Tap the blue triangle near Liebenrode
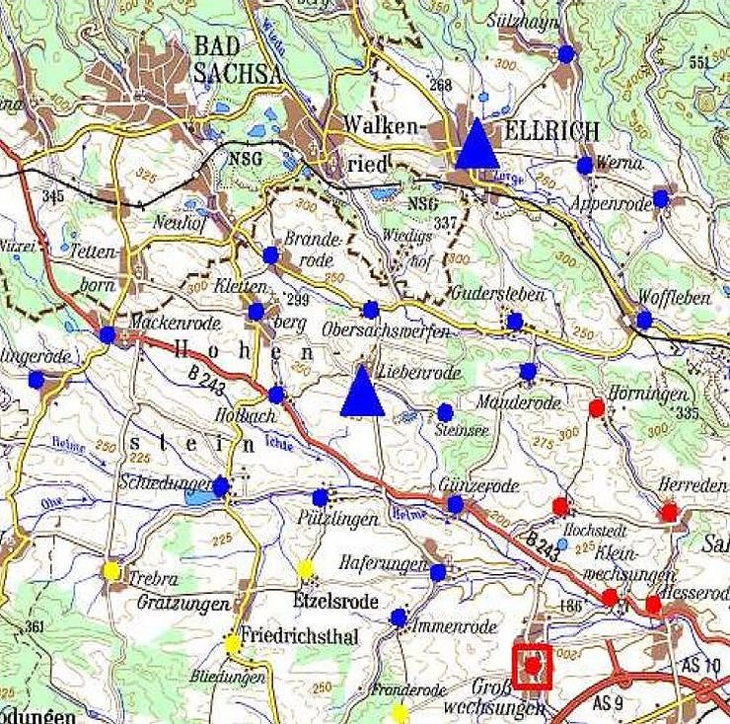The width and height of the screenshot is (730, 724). [362, 394]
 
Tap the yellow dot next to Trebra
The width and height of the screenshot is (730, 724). [111, 570]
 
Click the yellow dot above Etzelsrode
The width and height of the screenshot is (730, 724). [306, 568]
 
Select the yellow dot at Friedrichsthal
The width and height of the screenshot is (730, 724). [232, 643]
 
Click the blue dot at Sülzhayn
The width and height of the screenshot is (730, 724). [566, 53]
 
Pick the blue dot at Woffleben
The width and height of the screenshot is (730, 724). [644, 320]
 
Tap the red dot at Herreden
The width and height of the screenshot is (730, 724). [670, 512]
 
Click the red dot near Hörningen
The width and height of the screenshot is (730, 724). [597, 407]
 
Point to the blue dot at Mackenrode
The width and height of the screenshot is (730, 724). [108, 335]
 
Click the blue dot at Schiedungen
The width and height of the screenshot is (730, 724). [221, 485]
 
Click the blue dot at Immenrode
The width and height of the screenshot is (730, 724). [399, 617]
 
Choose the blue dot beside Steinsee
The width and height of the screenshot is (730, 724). [445, 411]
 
